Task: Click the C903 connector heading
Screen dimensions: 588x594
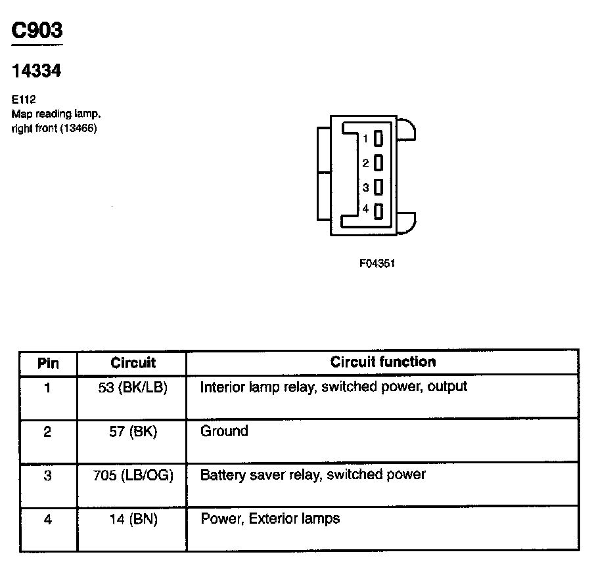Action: pyautogui.click(x=37, y=31)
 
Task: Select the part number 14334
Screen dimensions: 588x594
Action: pyautogui.click(x=37, y=71)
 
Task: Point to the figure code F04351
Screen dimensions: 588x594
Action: pyautogui.click(x=377, y=263)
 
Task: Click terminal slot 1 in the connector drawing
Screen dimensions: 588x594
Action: pyautogui.click(x=378, y=139)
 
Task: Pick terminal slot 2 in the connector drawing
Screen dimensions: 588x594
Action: pyautogui.click(x=378, y=163)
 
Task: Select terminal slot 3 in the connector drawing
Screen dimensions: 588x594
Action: pyautogui.click(x=378, y=187)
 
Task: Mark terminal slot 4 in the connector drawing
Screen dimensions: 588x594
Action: pyautogui.click(x=378, y=211)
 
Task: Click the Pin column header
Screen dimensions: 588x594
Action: pyautogui.click(x=48, y=363)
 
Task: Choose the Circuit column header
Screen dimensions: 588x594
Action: pyautogui.click(x=133, y=362)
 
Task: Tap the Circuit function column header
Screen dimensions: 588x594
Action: pyautogui.click(x=382, y=362)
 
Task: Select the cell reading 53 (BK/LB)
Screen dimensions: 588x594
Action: pyautogui.click(x=133, y=387)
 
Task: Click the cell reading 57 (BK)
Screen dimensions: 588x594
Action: pyautogui.click(x=133, y=432)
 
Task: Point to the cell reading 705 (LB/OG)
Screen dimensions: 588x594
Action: pyautogui.click(x=133, y=475)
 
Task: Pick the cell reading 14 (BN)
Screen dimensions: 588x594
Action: pyautogui.click(x=133, y=520)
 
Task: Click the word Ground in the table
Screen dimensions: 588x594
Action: pyautogui.click(x=224, y=431)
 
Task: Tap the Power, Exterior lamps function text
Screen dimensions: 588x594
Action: pyautogui.click(x=270, y=519)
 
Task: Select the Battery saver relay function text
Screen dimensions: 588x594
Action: pyautogui.click(x=313, y=474)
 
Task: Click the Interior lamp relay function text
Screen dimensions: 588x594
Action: pyautogui.click(x=333, y=387)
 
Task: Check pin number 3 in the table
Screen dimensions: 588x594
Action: pyautogui.click(x=47, y=475)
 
